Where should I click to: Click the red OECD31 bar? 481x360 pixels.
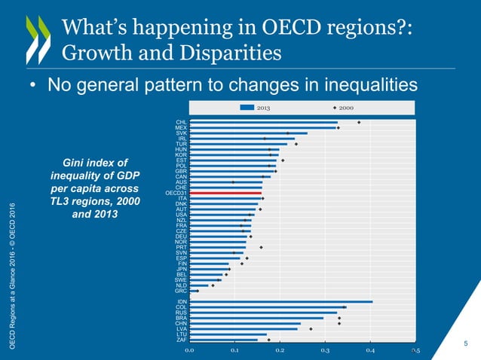(x=225, y=193)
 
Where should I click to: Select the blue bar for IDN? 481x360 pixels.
(x=280, y=301)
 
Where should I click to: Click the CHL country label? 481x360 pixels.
(x=182, y=122)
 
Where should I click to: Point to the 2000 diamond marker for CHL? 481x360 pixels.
(x=359, y=122)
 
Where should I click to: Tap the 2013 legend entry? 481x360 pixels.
(x=256, y=107)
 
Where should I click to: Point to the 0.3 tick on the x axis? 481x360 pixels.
(x=325, y=350)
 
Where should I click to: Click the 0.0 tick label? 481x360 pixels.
(x=190, y=350)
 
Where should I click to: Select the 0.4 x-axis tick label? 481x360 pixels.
(x=370, y=350)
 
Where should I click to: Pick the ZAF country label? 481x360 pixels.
(x=181, y=340)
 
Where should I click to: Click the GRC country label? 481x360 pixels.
(x=181, y=291)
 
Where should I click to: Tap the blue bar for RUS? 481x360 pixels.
(x=263, y=313)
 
